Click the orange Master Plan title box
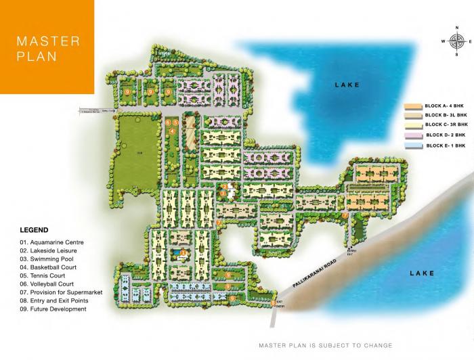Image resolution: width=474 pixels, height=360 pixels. click(x=47, y=47)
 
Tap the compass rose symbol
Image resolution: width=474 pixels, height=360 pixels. click(x=452, y=41)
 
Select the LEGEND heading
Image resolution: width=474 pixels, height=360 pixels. click(x=34, y=230)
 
